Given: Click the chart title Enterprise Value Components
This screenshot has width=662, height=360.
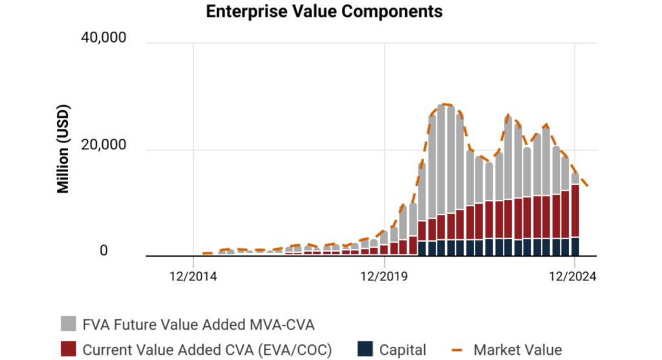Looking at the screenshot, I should click(324, 12).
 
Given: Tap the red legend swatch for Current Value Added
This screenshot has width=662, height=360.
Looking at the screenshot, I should click(69, 350).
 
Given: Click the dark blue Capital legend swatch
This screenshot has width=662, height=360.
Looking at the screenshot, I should click(365, 350).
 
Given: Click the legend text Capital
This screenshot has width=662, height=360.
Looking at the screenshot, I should click(403, 350).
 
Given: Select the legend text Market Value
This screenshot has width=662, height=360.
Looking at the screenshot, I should click(518, 350).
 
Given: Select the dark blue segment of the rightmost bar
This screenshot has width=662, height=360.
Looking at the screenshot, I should click(575, 246).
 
